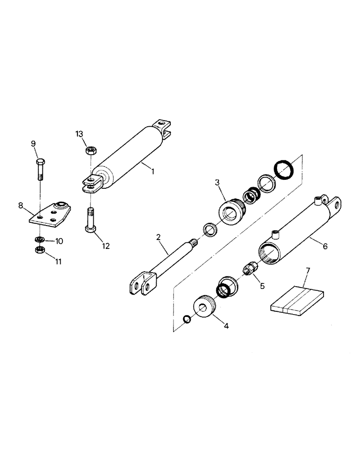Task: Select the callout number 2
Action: coord(159,237)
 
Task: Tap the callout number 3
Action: coord(217,182)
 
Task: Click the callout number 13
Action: coord(79,135)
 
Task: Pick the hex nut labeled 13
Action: coord(91,151)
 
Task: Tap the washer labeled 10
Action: coord(40,240)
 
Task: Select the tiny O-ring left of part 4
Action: coord(187,319)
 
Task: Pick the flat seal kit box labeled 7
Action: coord(296,300)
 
